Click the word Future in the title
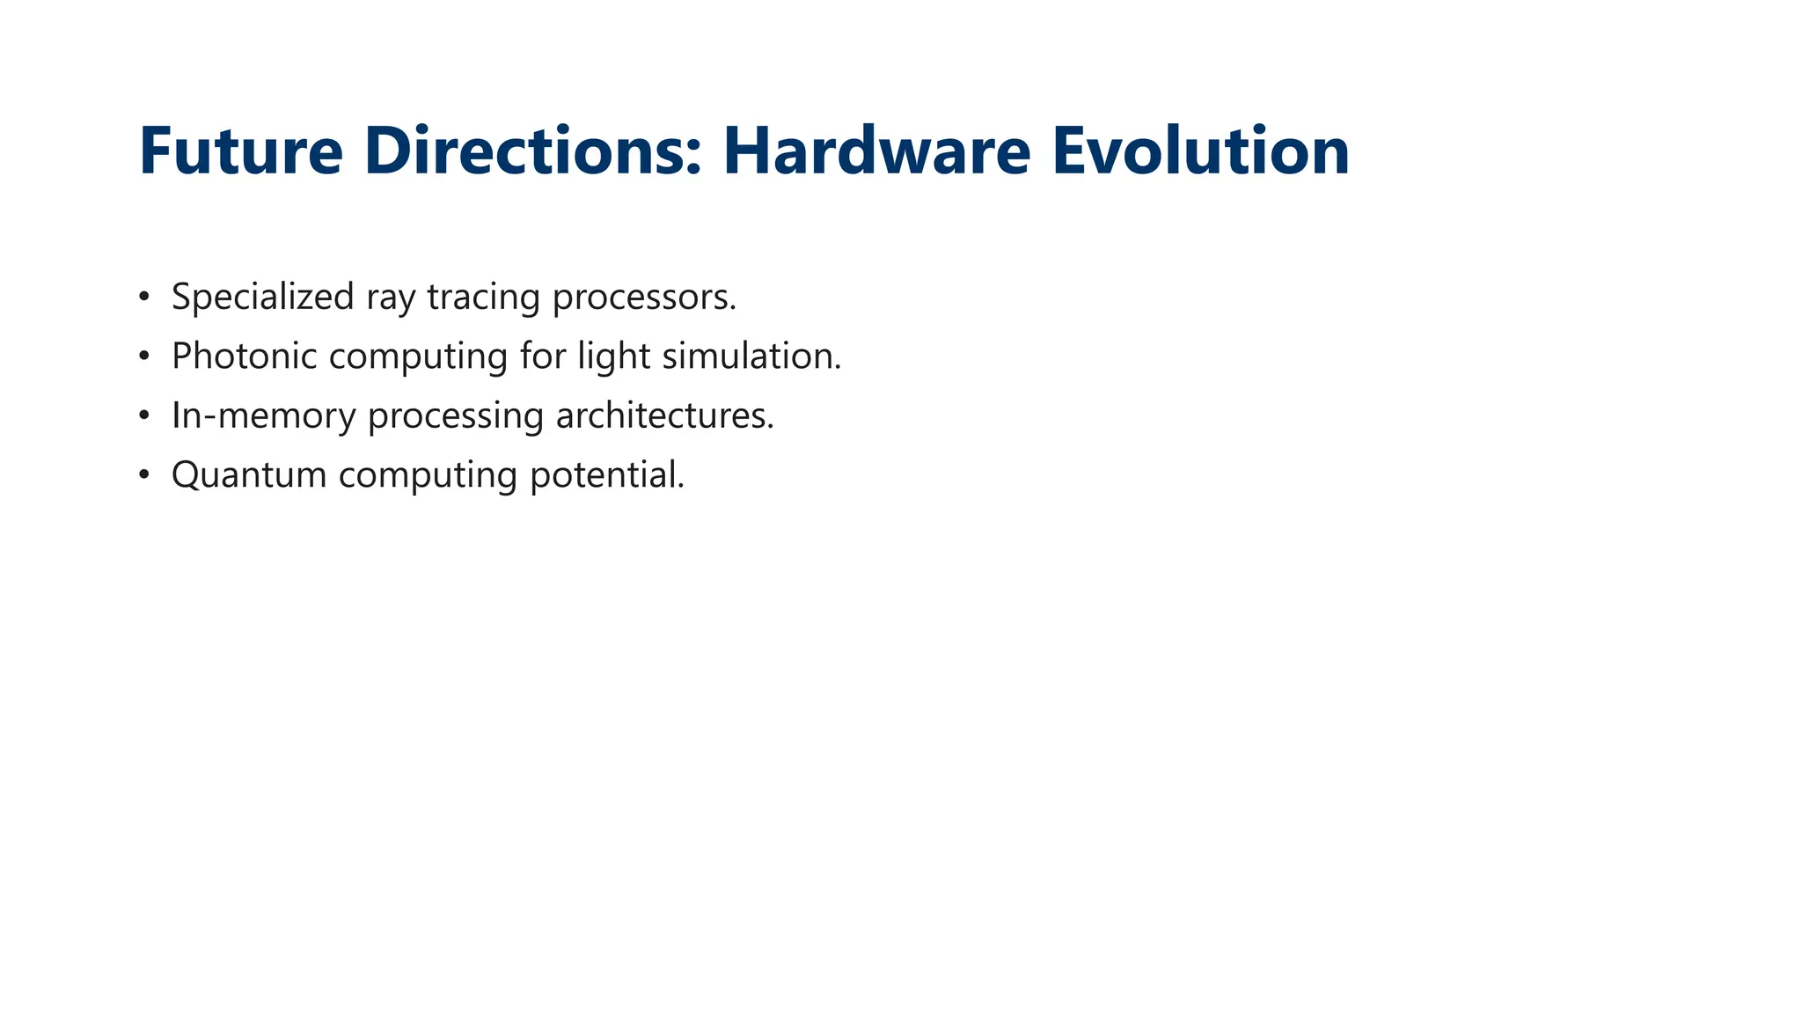(x=240, y=151)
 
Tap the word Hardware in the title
(x=876, y=151)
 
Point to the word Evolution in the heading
(x=1200, y=151)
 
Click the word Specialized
(x=262, y=298)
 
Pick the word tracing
(x=483, y=298)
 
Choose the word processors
(x=644, y=298)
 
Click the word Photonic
(x=244, y=356)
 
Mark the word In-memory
(x=263, y=415)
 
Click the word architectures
(x=664, y=415)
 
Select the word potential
(x=606, y=475)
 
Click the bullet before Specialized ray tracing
(x=144, y=297)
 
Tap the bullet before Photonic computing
(x=144, y=356)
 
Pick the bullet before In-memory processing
(x=144, y=415)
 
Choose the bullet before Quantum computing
(x=144, y=474)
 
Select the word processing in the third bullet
(x=455, y=415)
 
